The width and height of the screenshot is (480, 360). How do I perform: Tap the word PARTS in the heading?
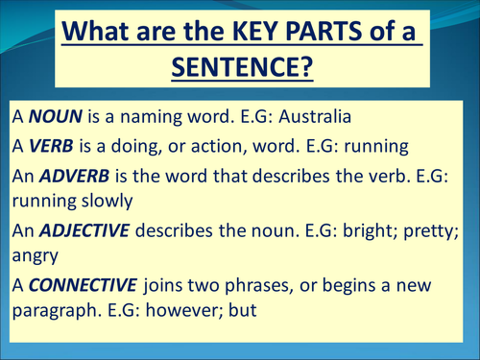(x=326, y=33)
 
